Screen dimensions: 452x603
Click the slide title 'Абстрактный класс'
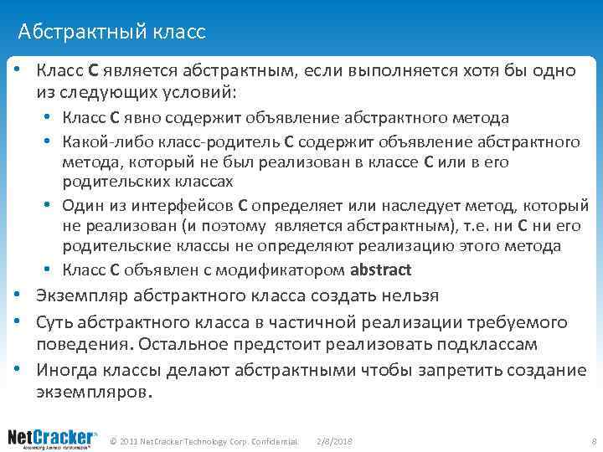coord(111,33)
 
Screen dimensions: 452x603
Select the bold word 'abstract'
coord(381,270)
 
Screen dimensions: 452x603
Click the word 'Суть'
coord(56,321)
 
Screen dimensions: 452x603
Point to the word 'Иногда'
coord(66,369)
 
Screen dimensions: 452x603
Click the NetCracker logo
coord(53,437)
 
